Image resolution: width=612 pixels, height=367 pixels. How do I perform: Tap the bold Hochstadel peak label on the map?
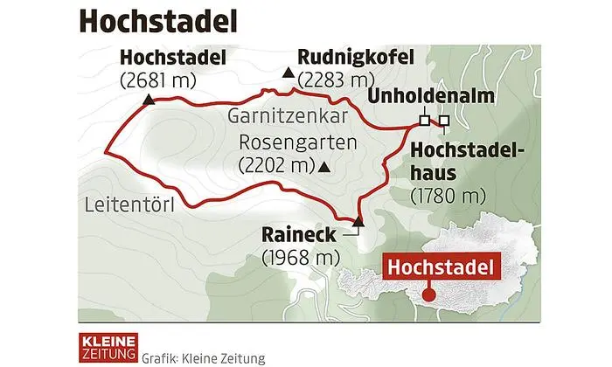(172, 59)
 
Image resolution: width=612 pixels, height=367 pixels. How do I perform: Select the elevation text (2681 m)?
(158, 80)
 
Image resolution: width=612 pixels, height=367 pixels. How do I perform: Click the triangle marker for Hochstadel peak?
(150, 100)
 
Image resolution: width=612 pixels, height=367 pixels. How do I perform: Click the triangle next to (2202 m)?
(325, 166)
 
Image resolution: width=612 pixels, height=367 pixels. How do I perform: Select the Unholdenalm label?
(423, 96)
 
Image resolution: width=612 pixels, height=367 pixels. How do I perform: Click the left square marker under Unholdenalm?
(424, 120)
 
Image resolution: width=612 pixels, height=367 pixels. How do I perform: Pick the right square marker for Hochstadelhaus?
(443, 120)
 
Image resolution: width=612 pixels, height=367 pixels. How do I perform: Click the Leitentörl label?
(130, 206)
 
